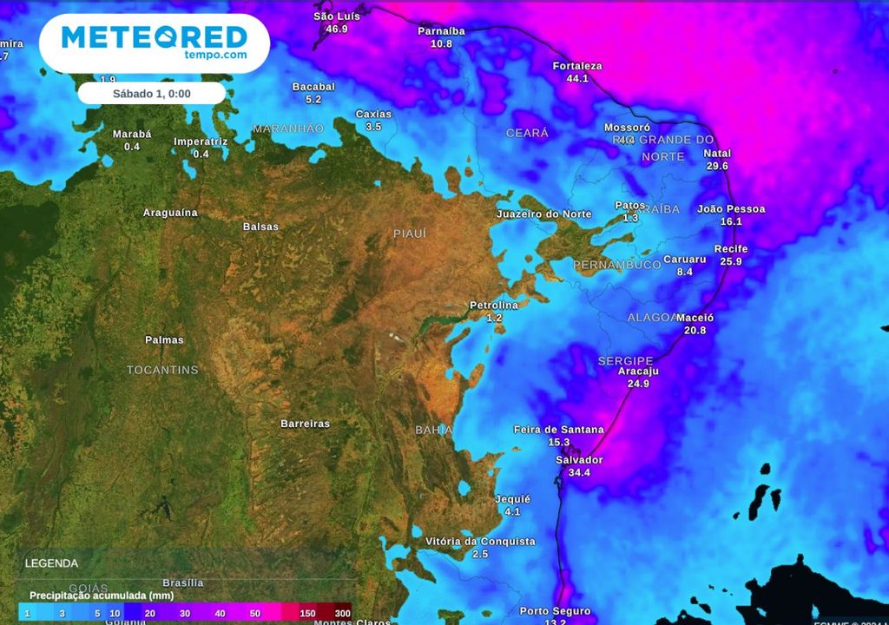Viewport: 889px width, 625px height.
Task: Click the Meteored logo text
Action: (x=154, y=38)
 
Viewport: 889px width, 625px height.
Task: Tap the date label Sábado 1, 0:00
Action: (x=152, y=94)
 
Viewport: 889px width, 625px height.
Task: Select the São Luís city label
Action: (x=336, y=16)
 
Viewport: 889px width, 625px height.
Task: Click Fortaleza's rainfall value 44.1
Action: (x=577, y=78)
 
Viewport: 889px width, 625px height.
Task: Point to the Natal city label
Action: (x=717, y=154)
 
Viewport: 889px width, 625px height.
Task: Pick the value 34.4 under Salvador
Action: (x=579, y=472)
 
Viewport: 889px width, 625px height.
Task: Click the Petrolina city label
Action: (x=494, y=306)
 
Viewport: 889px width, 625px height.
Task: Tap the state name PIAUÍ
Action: (x=410, y=234)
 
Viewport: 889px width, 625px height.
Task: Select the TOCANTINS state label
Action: (x=162, y=370)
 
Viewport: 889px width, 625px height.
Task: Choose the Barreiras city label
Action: (x=305, y=424)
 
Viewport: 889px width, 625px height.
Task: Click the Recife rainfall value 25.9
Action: (x=731, y=261)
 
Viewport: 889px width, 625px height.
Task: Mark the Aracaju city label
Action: (x=638, y=372)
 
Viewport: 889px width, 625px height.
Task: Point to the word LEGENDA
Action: (x=51, y=563)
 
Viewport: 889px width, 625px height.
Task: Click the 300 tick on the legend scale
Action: (x=343, y=614)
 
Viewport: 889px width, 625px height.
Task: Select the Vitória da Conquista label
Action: (x=480, y=542)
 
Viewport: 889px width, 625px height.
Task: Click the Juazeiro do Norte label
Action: (x=543, y=214)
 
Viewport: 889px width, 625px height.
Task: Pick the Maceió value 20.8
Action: (x=695, y=330)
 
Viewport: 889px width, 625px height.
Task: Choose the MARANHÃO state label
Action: (x=288, y=128)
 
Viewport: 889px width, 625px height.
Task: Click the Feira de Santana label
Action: (x=558, y=430)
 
